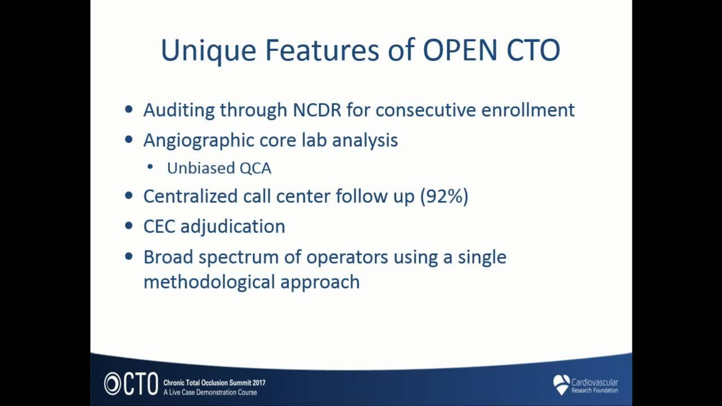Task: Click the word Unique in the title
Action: [208, 51]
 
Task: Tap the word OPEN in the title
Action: [460, 50]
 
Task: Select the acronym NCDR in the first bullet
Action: [316, 110]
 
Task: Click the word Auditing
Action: [179, 111]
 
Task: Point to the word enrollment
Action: [527, 110]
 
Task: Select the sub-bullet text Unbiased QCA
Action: [219, 168]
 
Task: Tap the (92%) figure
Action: [444, 196]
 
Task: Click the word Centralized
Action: [191, 196]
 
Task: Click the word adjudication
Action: [233, 227]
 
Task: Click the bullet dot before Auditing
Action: [129, 109]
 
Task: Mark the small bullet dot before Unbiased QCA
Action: [150, 167]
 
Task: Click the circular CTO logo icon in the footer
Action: [112, 383]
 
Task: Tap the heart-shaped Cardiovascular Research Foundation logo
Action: [561, 384]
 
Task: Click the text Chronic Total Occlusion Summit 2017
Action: [214, 383]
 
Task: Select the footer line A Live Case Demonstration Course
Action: [210, 392]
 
